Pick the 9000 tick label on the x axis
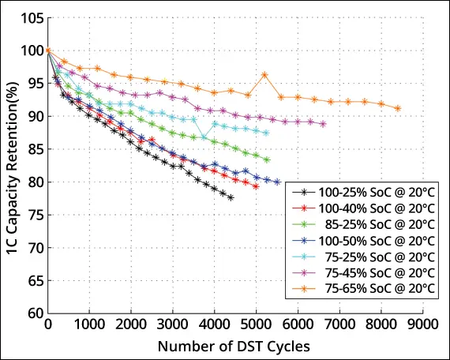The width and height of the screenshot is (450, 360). click(x=422, y=324)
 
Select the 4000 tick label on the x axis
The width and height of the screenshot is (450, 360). click(x=214, y=324)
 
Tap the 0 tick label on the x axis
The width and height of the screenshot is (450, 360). click(x=48, y=324)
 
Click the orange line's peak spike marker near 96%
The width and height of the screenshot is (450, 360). click(x=264, y=75)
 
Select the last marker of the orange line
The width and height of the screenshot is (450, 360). click(x=397, y=108)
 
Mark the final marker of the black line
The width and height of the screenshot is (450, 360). click(x=231, y=197)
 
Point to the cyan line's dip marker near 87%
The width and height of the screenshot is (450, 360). click(x=204, y=137)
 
